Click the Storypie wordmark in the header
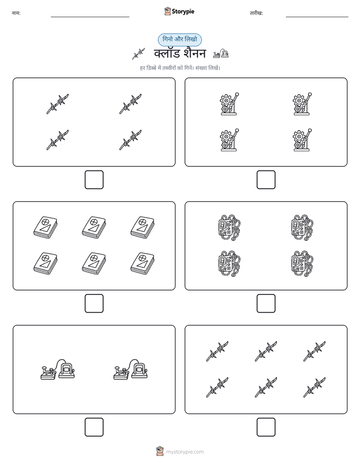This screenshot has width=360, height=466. click(183, 12)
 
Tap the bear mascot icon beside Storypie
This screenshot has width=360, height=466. click(167, 11)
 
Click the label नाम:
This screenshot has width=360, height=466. click(16, 13)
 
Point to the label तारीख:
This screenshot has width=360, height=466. click(256, 13)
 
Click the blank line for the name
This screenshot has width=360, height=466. click(90, 17)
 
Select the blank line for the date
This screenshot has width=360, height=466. click(317, 17)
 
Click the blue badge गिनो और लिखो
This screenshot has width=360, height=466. click(179, 39)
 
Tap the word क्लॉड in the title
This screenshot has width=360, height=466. click(167, 53)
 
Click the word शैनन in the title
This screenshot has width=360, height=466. click(195, 53)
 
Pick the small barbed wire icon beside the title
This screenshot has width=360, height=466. click(139, 54)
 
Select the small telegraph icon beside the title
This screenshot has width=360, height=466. click(221, 54)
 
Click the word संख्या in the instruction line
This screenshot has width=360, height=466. click(201, 68)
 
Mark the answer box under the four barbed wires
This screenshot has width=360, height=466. click(94, 180)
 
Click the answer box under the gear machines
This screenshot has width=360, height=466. click(266, 180)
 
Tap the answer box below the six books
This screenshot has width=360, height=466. click(94, 304)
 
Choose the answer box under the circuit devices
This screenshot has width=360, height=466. click(266, 304)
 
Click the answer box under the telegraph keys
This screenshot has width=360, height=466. click(94, 427)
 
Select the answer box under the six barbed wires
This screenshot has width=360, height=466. click(266, 427)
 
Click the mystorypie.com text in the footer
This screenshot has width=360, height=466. click(185, 452)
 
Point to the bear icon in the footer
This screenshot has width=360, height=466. click(160, 451)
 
